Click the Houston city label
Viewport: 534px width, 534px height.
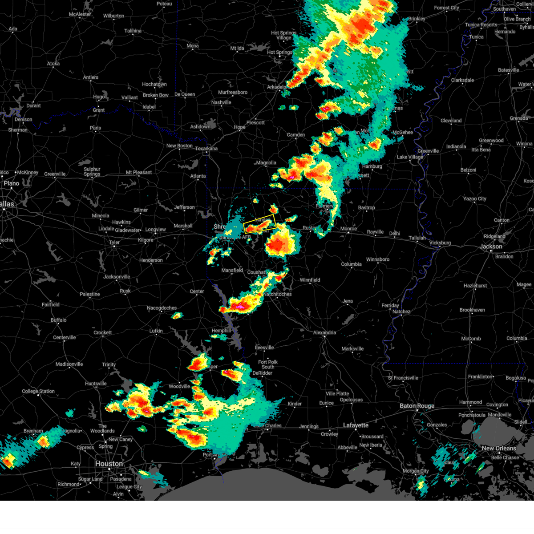pyautogui.click(x=109, y=464)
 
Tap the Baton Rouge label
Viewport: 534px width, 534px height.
pyautogui.click(x=417, y=406)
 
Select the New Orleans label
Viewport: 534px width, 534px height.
pyautogui.click(x=499, y=448)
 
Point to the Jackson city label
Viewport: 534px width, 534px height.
pyautogui.click(x=491, y=246)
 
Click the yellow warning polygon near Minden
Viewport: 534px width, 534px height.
pyautogui.click(x=260, y=224)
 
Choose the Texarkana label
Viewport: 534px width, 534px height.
pyautogui.click(x=206, y=149)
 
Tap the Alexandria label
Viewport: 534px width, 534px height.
pyautogui.click(x=324, y=332)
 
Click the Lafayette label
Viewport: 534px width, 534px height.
pyautogui.click(x=356, y=425)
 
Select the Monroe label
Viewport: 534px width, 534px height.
pyautogui.click(x=348, y=229)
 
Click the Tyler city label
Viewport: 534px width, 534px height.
pyautogui.click(x=114, y=243)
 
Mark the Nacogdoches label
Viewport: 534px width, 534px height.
pyautogui.click(x=162, y=308)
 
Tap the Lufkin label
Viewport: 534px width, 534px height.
pyautogui.click(x=156, y=331)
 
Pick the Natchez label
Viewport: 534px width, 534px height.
pyautogui.click(x=401, y=312)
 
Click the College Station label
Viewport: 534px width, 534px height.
pyautogui.click(x=38, y=392)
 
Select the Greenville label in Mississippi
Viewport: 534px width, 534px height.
pyautogui.click(x=428, y=151)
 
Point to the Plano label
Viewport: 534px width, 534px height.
pyautogui.click(x=11, y=183)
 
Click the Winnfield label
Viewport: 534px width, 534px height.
pyautogui.click(x=310, y=280)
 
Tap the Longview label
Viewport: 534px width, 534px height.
pyautogui.click(x=156, y=230)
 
